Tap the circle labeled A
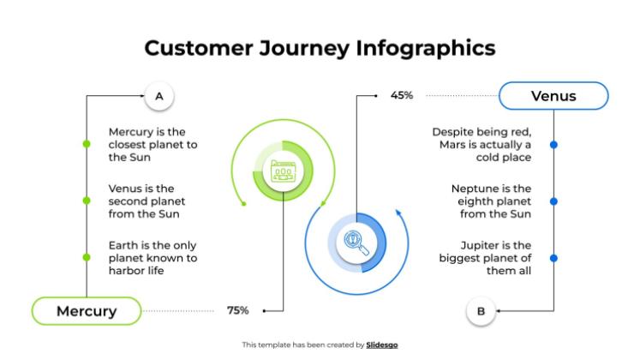(159, 97)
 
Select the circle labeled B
(481, 311)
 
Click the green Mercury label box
(87, 310)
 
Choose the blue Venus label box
(553, 96)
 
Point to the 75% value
(237, 310)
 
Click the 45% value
(402, 96)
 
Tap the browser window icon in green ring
(284, 171)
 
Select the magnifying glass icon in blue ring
(356, 241)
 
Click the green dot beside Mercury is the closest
(87, 144)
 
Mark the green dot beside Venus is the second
(87, 201)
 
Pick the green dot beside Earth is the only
(87, 257)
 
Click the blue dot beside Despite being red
(553, 144)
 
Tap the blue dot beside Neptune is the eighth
(553, 201)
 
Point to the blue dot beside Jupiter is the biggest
(553, 257)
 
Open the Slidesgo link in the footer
(382, 345)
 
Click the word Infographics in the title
(427, 48)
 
